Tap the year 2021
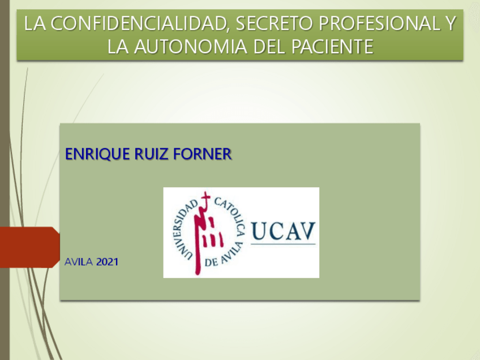point(107,262)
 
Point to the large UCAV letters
point(283,232)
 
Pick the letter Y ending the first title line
point(451,24)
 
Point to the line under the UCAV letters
point(283,244)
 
